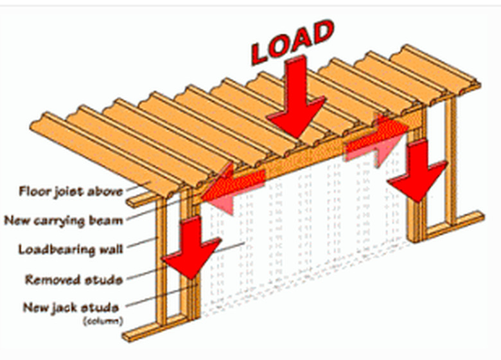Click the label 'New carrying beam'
coord(64,220)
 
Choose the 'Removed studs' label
coord(74,280)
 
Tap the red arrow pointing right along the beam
coord(378,139)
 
